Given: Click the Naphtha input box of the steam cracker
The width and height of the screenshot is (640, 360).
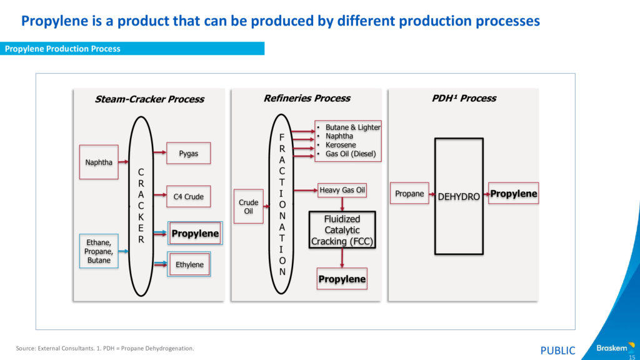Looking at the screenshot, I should click(x=99, y=162).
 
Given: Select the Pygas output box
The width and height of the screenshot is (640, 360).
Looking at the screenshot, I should click(x=188, y=153).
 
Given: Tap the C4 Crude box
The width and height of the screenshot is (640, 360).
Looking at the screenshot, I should click(x=188, y=196).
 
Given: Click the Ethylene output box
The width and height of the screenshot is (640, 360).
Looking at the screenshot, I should click(x=189, y=264).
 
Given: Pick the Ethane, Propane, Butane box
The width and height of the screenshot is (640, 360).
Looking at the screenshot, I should click(x=99, y=251).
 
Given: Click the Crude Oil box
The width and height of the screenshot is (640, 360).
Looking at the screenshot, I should click(x=249, y=206).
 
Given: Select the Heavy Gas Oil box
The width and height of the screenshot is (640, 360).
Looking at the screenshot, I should click(x=342, y=190).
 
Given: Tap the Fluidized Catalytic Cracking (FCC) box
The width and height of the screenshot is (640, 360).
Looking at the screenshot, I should click(x=342, y=230).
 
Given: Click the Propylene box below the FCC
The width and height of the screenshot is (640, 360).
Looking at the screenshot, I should click(x=342, y=279).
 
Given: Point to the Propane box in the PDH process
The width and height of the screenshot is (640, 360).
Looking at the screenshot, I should click(x=409, y=194).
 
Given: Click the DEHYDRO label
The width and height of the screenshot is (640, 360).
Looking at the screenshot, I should click(x=459, y=196).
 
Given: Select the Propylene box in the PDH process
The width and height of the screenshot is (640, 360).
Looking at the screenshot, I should click(x=513, y=194).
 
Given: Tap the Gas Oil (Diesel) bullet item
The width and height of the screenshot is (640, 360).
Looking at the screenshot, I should click(x=351, y=154).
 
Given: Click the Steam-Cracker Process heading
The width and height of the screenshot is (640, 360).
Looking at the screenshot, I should click(x=149, y=99).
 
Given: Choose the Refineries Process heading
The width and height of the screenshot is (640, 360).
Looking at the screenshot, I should click(x=307, y=98).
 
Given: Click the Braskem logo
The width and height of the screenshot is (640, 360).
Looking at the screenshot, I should click(x=612, y=347).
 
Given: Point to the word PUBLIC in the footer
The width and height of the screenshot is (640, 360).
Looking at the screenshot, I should click(x=557, y=351).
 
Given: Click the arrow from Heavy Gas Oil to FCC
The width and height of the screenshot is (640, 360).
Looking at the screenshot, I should click(x=342, y=204).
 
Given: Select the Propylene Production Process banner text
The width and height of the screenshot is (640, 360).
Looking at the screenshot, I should click(x=62, y=49).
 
